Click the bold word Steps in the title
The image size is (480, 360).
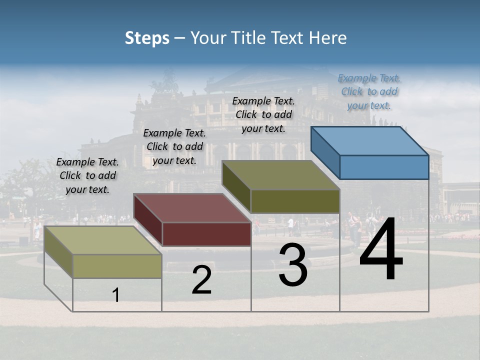coord(147,38)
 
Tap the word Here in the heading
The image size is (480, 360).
coord(328,38)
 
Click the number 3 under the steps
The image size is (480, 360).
coord(293,265)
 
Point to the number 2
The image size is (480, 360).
coord(201,280)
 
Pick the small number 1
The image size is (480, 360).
coord(116,295)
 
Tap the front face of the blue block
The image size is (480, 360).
coord(384,167)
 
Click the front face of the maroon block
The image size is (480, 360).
coord(206,234)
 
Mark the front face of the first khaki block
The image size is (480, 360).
coord(117,266)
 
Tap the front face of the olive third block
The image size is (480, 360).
coord(295,201)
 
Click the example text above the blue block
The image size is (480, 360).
coord(369,91)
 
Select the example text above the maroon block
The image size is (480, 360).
coord(174,146)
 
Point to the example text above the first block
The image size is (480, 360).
coord(87,175)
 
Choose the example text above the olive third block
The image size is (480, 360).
coord(264,114)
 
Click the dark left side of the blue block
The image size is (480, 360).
coord(325,152)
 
